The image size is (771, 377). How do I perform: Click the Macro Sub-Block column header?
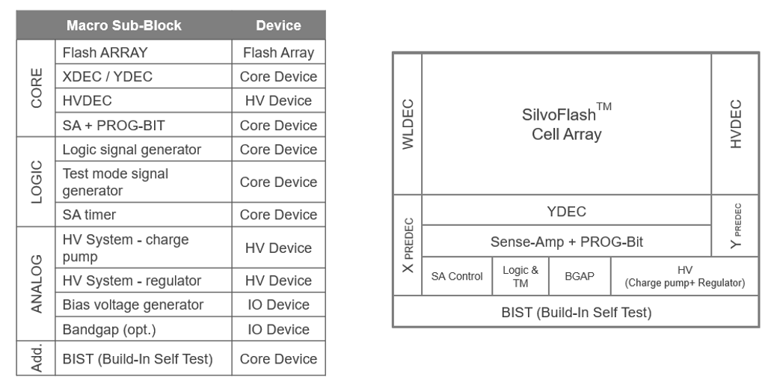(x=124, y=25)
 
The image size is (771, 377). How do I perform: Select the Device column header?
(x=278, y=25)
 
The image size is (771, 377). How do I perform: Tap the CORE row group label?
(x=37, y=88)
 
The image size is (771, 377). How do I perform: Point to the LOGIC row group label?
(x=37, y=181)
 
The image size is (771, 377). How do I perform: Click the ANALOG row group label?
(x=37, y=283)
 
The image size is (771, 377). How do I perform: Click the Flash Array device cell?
(x=278, y=52)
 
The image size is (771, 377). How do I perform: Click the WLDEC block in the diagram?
(x=408, y=124)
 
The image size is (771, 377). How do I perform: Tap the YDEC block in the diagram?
(x=566, y=211)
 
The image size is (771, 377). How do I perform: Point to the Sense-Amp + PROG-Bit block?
(x=566, y=242)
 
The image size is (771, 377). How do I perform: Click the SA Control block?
(x=457, y=276)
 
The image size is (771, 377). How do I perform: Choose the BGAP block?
(x=580, y=276)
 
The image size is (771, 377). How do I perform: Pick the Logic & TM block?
(x=520, y=276)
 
